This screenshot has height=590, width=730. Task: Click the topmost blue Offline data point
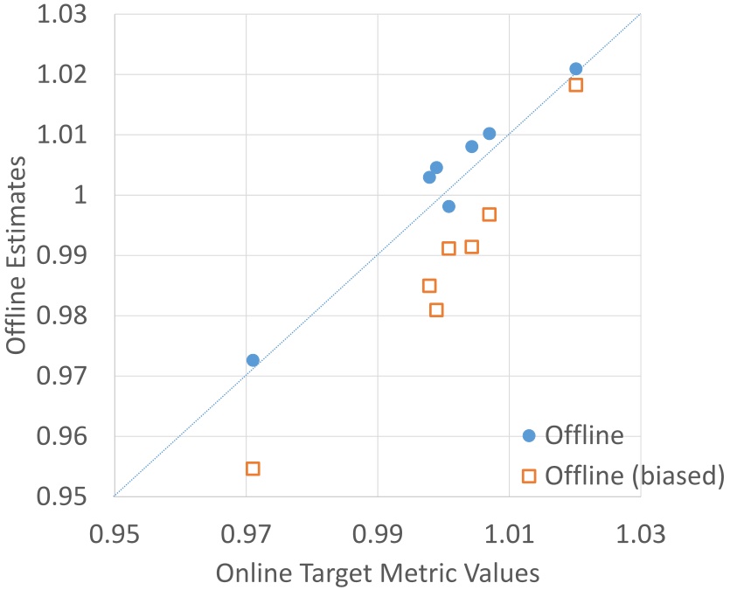click(x=575, y=69)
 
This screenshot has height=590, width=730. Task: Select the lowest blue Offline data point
click(x=253, y=360)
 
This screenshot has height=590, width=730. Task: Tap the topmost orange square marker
click(x=575, y=85)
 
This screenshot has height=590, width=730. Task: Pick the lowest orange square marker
click(x=253, y=469)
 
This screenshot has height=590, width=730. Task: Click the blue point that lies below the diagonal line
click(x=448, y=206)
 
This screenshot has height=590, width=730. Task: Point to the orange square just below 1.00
click(x=490, y=214)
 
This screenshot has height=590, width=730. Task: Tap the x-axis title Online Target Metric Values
click(x=377, y=573)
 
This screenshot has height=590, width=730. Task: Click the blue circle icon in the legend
click(x=528, y=435)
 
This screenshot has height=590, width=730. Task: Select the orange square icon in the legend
click(x=528, y=475)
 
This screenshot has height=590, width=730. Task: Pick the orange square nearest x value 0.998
click(x=429, y=286)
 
